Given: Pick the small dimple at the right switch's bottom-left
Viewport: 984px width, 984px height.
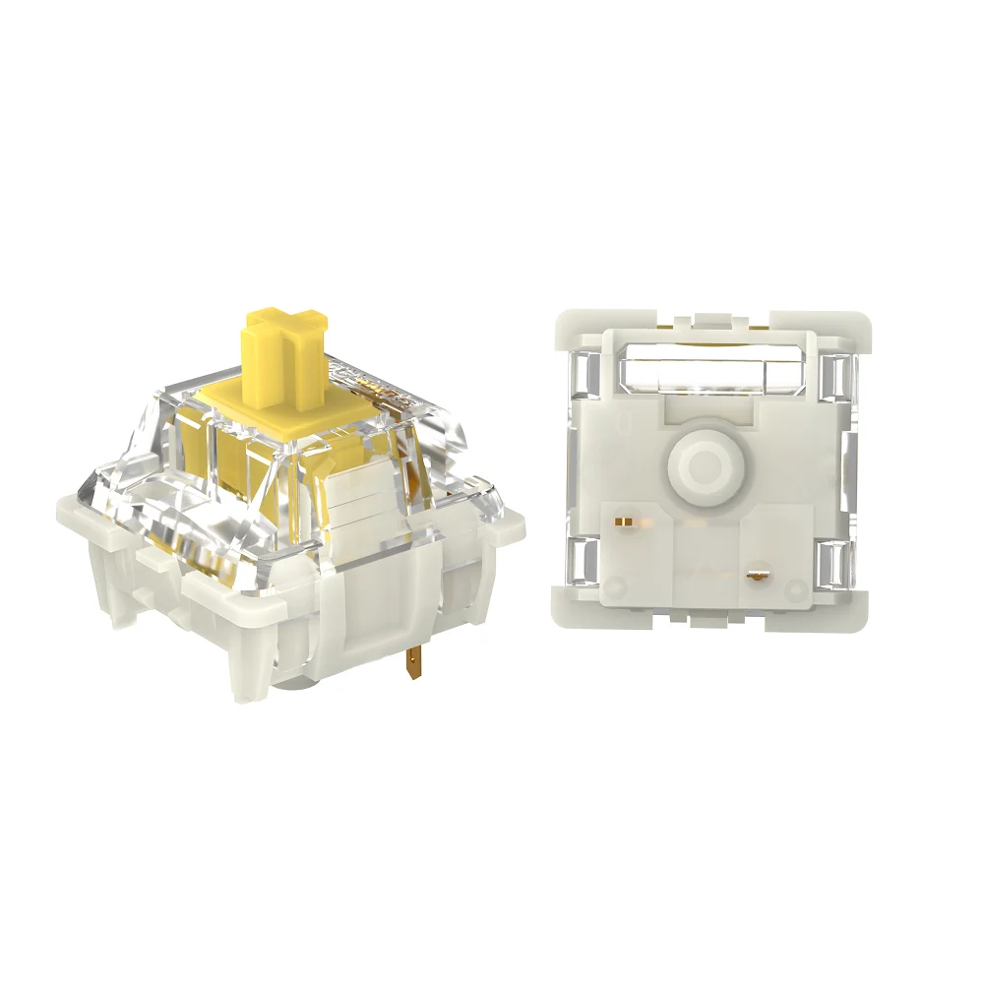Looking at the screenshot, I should pos(617,588).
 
